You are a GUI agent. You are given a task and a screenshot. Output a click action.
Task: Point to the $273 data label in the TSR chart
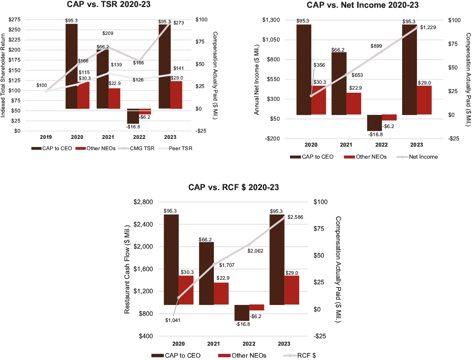point(179,23)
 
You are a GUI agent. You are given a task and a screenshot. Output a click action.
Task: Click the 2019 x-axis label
point(46,137)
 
